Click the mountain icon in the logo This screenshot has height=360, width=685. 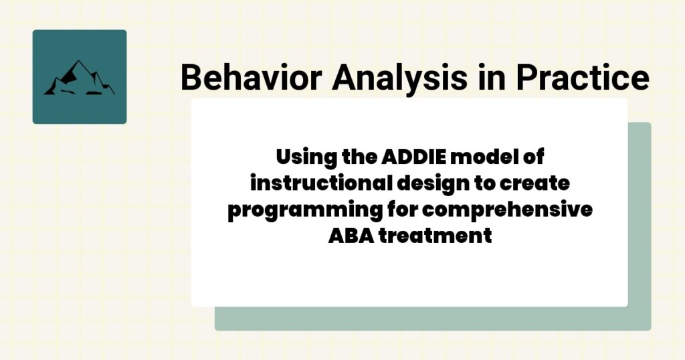click(x=79, y=78)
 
